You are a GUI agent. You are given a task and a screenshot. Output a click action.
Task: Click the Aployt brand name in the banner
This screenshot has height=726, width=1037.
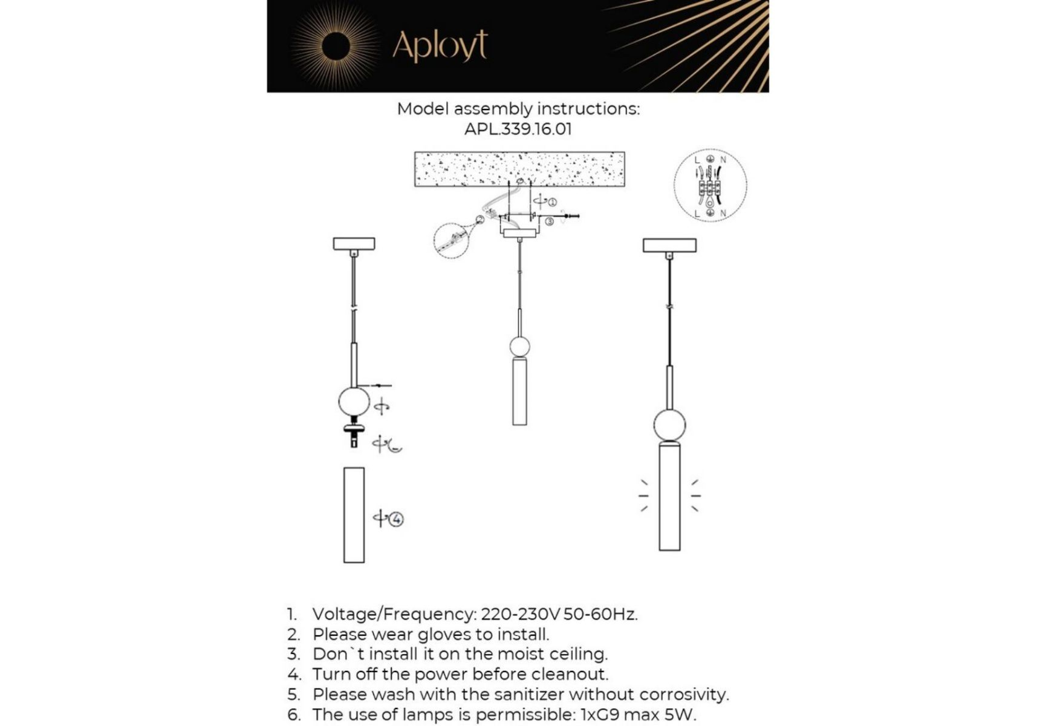tap(440, 45)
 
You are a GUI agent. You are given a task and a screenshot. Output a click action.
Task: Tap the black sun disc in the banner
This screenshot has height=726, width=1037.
tap(336, 47)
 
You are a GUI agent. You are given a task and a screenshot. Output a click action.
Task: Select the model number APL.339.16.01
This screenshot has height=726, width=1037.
tap(518, 129)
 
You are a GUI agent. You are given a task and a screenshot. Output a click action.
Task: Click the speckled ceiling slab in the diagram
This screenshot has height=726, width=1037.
tap(519, 169)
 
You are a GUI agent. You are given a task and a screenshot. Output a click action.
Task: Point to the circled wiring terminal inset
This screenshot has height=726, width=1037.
tap(710, 185)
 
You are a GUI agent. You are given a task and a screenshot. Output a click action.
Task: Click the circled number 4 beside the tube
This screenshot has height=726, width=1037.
tap(396, 519)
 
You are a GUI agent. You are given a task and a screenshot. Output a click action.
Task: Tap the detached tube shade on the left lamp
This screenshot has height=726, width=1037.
tap(354, 515)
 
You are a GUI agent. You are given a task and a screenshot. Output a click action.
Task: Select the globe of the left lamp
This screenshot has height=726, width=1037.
tap(354, 402)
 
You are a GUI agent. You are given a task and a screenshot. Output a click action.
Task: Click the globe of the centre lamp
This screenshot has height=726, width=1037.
tap(519, 347)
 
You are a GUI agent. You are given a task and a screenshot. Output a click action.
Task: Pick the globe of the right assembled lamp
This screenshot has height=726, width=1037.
tap(669, 425)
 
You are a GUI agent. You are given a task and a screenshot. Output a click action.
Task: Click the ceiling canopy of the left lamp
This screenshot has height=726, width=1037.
tap(354, 244)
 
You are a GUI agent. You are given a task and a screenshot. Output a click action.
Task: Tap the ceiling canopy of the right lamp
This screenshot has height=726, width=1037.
tap(669, 245)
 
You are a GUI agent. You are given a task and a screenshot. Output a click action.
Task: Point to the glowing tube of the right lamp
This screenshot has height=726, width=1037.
tap(669, 497)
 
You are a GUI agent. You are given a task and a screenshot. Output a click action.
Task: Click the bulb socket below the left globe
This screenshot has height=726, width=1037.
tap(354, 433)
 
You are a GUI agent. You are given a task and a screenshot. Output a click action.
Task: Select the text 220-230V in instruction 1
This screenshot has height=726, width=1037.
tap(520, 614)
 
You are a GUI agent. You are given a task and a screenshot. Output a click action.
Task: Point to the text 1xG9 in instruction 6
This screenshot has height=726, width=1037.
tap(599, 715)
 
